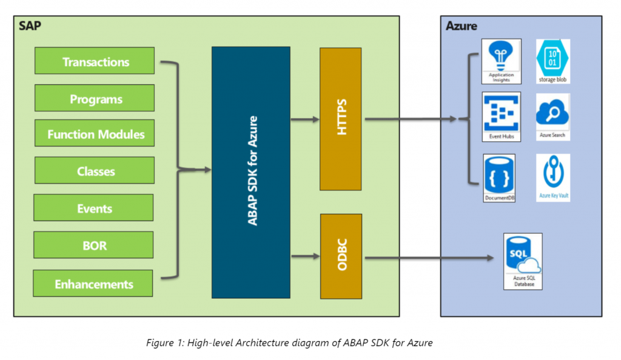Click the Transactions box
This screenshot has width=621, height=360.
(x=95, y=62)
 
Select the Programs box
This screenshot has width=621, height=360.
(x=95, y=99)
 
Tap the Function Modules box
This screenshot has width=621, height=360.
(x=95, y=134)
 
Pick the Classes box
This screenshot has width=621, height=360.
(x=95, y=171)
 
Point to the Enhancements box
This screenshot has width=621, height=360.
(x=93, y=284)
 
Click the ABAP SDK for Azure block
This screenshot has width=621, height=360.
(x=250, y=172)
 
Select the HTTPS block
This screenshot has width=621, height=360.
(x=341, y=119)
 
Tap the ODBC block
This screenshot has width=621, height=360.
(x=341, y=256)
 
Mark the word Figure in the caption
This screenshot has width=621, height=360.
(x=159, y=343)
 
